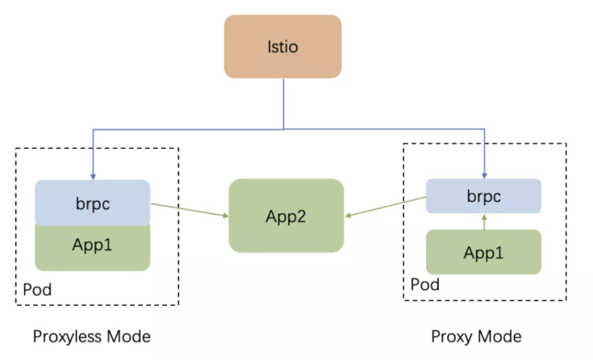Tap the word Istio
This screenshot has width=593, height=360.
283,47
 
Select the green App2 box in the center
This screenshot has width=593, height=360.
286,216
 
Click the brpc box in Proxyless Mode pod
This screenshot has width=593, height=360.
92,203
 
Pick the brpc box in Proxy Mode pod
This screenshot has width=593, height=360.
484,196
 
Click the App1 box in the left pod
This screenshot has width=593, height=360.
92,246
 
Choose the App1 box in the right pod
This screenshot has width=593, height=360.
484,252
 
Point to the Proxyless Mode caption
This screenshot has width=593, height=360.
92,336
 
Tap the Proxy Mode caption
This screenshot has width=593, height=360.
476,336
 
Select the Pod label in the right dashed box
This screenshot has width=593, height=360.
425,285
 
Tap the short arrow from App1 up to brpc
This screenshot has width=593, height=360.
484,222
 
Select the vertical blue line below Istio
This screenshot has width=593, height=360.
283,104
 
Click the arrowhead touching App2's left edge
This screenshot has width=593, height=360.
225,216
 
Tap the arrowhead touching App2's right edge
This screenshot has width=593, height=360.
348,216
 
